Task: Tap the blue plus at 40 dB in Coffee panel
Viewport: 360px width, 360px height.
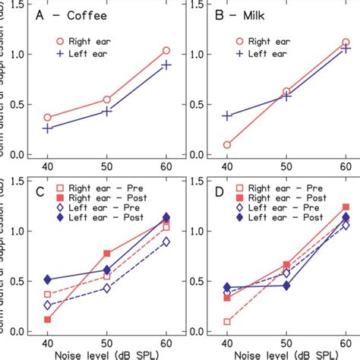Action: point(48,128)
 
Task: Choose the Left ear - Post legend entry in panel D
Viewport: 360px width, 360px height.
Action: point(263,216)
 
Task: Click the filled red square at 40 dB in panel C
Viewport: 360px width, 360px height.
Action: point(48,320)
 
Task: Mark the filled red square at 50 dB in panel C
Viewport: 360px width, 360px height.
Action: point(107,254)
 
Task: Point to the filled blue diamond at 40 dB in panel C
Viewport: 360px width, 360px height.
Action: point(48,280)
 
